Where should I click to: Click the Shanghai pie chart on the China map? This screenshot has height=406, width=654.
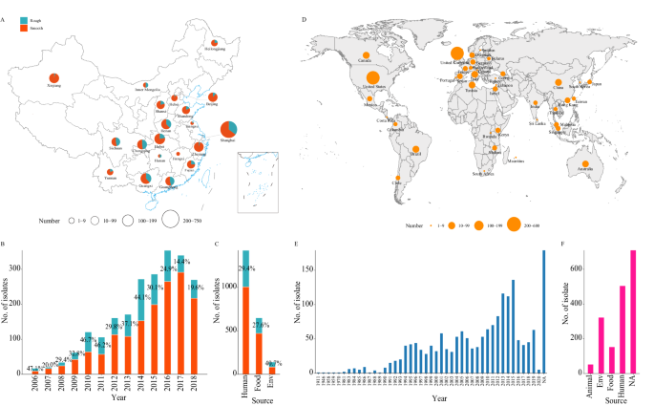230,131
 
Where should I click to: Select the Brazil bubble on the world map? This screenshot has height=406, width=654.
414,144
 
